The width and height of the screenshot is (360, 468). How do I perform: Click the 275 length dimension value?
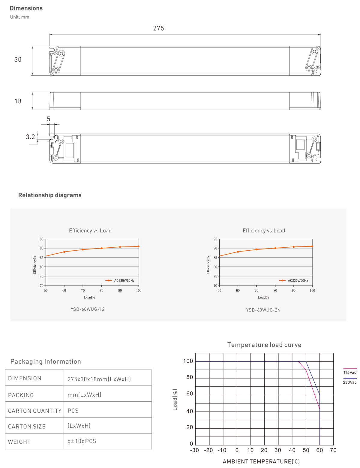pos(158,28)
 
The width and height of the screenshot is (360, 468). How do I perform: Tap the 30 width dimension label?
pos(18,59)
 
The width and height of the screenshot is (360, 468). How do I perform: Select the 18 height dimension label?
pos(18,101)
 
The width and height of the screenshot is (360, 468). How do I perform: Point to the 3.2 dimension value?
pos(30,137)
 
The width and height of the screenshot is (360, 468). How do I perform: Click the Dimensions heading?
pos(26,8)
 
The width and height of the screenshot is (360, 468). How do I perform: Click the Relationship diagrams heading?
pos(50,195)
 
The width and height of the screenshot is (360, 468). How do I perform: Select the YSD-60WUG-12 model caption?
pos(88,309)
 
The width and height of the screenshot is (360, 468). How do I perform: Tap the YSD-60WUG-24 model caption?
pos(263,310)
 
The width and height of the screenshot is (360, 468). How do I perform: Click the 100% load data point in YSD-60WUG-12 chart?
pos(138,246)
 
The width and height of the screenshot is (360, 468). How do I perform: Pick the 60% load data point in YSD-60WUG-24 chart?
pos(238,252)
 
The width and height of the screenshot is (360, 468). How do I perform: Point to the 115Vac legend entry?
pos(350,372)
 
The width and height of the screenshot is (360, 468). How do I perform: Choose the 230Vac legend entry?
pos(350,382)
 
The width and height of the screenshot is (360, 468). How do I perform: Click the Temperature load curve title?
pos(264,345)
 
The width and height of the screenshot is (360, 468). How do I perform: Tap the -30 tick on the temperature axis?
pos(194,450)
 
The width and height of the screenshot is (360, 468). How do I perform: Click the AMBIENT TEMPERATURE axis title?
pos(261,461)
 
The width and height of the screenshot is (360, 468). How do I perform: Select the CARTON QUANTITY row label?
pos(35,411)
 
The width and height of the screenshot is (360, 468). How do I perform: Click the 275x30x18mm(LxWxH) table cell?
pos(99,379)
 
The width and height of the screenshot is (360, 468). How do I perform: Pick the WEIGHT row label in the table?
pos(19,442)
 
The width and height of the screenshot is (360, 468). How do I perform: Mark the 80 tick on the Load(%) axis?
pos(190,377)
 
